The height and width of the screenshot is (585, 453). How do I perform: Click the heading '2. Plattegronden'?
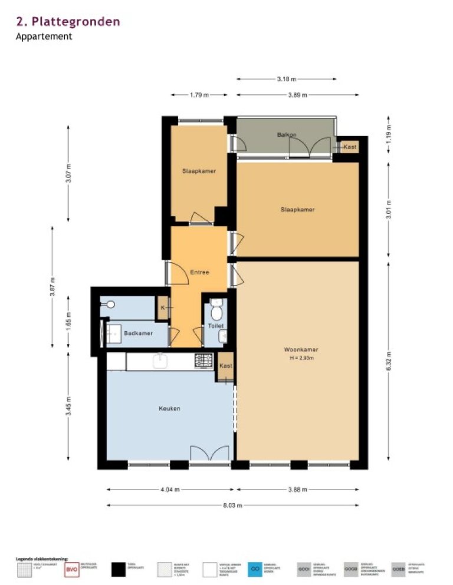pos(68,22)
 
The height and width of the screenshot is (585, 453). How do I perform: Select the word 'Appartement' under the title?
pos(44,36)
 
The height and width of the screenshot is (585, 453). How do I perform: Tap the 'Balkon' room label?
pos(286,135)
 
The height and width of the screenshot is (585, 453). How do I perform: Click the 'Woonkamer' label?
pos(297,349)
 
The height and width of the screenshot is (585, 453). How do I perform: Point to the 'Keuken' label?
pos(169,408)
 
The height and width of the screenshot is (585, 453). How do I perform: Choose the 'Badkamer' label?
pos(139,333)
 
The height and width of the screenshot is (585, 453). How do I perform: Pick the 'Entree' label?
pos(200,272)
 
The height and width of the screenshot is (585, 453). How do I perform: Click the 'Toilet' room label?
pos(215,326)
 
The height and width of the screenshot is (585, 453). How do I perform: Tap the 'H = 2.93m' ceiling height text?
pos(297,358)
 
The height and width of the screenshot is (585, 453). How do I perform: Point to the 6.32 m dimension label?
pos(389,361)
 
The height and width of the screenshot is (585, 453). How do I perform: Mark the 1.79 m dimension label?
pos(199,95)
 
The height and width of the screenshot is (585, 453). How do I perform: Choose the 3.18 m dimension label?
pos(287,79)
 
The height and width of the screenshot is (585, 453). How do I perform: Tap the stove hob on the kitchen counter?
pos(204,360)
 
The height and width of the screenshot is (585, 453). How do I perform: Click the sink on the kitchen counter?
pos(161,361)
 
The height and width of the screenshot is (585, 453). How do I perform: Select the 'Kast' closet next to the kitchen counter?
pos(225,366)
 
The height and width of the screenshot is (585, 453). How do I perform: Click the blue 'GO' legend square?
pos(255,570)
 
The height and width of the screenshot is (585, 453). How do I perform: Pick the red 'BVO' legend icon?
pos(71,570)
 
